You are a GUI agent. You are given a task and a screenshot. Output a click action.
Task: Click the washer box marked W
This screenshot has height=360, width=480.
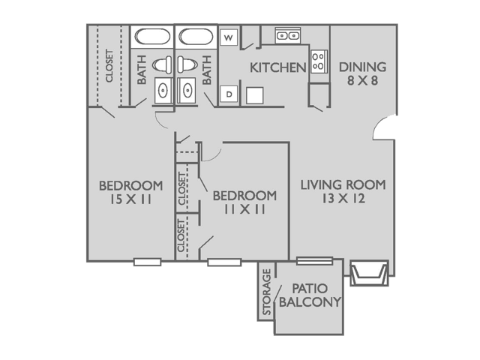point(229,36)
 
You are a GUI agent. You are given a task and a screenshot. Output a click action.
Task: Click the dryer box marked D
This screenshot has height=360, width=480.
point(229,94)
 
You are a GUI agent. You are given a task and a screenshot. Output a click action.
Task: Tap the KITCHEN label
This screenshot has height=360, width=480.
point(277,67)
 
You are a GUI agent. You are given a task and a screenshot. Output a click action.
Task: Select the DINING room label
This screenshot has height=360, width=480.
point(361,67)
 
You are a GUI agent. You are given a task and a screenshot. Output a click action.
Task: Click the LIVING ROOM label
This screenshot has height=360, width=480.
point(343,184)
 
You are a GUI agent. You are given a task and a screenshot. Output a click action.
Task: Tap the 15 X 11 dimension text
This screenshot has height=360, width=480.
point(130,201)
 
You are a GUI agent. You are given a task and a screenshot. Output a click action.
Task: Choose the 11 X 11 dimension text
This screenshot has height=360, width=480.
point(244,211)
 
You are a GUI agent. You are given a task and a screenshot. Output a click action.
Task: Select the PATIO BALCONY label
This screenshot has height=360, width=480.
point(310,295)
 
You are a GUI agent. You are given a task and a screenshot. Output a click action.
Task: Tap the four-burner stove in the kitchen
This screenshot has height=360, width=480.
point(319,61)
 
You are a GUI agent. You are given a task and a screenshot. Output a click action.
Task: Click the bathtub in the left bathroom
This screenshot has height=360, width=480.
point(153,37)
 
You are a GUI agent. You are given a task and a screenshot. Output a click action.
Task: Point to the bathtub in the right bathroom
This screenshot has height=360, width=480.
point(196,37)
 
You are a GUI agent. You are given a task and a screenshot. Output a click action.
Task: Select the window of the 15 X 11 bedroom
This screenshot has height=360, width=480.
point(147,262)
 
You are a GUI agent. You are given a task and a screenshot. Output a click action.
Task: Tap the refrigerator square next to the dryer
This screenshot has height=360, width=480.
point(255,94)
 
